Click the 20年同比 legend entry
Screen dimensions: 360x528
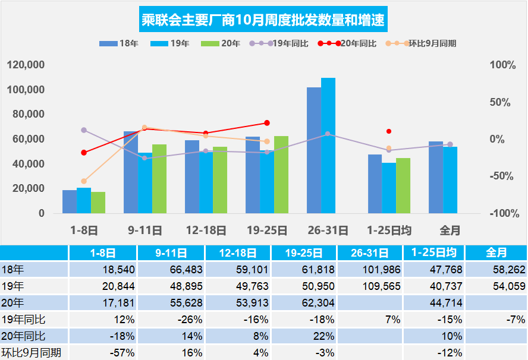(347, 43)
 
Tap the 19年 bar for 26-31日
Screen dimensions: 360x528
(328, 146)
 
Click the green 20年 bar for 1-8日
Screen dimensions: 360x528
(98, 203)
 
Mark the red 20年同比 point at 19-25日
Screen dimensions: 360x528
(267, 123)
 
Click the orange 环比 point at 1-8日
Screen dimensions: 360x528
(84, 181)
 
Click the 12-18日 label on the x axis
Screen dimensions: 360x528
(206, 230)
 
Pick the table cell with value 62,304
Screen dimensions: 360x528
(308, 303)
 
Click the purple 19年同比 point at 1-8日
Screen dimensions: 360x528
(84, 130)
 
